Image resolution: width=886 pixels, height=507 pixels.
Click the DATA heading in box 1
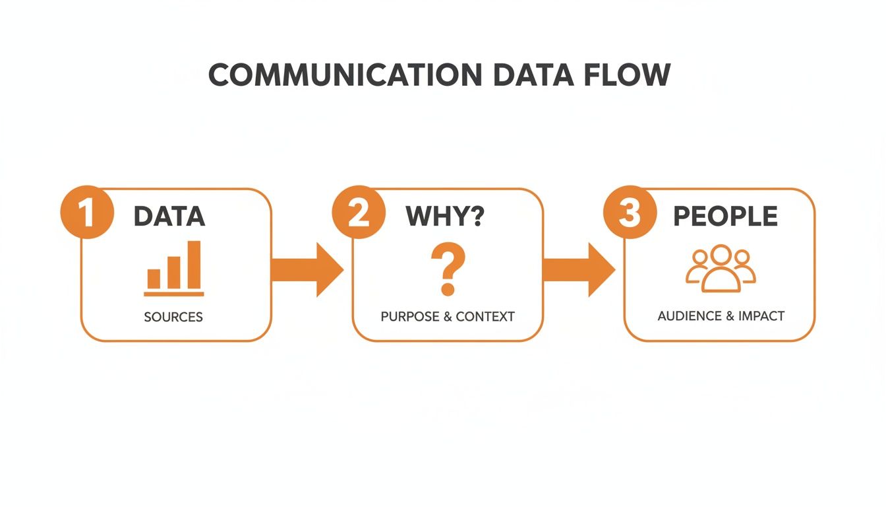pyautogui.click(x=169, y=217)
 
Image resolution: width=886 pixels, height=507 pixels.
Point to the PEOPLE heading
pyautogui.click(x=724, y=217)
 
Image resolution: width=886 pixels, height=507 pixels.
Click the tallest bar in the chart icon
pyautogui.click(x=194, y=265)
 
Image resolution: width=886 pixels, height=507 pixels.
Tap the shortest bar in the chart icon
pyautogui.click(x=154, y=279)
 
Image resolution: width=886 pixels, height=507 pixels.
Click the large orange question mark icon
pyautogui.click(x=448, y=269)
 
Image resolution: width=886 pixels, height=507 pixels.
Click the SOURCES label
pyautogui.click(x=173, y=317)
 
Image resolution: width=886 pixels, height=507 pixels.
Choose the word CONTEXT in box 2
pyautogui.click(x=485, y=316)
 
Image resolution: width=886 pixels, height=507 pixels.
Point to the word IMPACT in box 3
pyautogui.click(x=761, y=316)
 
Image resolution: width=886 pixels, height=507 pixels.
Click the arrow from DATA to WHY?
pyautogui.click(x=307, y=269)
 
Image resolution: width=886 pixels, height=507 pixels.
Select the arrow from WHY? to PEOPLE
pyautogui.click(x=578, y=269)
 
